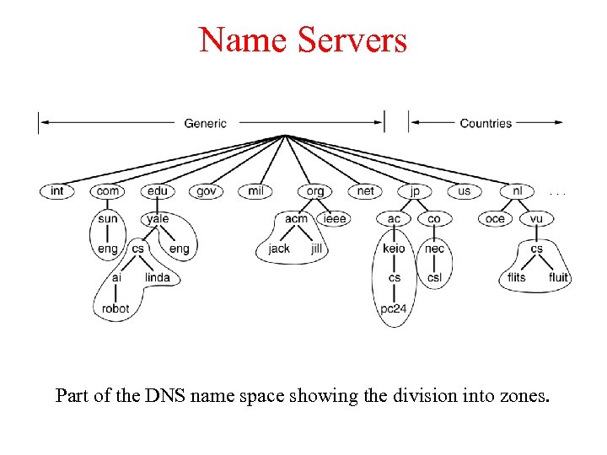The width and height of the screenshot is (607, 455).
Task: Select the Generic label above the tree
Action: click(x=206, y=123)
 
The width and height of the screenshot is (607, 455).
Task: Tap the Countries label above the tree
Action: click(x=486, y=123)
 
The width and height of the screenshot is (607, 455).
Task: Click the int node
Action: click(x=56, y=191)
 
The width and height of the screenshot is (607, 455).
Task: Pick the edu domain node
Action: click(x=157, y=191)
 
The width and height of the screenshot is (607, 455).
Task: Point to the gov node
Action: click(x=207, y=191)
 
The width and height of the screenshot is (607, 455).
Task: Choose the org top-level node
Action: click(x=314, y=191)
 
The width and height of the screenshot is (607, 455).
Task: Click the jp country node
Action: click(x=414, y=191)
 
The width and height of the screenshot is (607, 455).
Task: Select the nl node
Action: click(x=517, y=191)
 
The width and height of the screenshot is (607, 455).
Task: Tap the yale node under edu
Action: click(x=158, y=219)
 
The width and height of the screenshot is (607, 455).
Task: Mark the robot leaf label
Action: click(x=115, y=308)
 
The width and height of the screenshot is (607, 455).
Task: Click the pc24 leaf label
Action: click(x=394, y=308)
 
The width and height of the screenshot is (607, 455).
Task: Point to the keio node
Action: click(x=394, y=249)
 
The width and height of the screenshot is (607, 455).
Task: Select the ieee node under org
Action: click(x=335, y=219)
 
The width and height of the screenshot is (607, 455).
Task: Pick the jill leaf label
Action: click(x=317, y=249)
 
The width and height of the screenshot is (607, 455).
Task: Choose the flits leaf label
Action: click(x=516, y=277)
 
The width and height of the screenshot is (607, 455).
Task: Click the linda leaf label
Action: click(x=158, y=277)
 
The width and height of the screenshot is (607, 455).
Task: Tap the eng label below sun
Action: click(x=107, y=249)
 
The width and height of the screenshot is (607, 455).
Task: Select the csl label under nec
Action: click(x=434, y=277)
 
